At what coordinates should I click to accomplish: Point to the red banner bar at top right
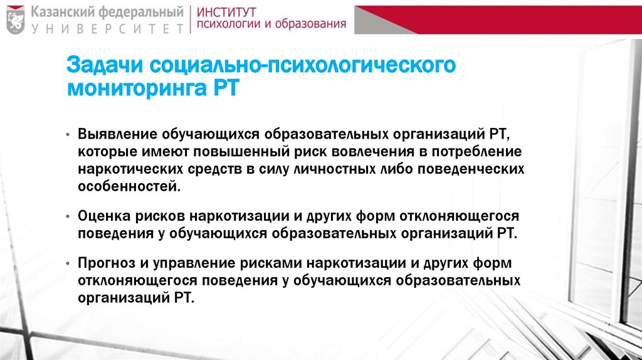click(502, 19)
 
